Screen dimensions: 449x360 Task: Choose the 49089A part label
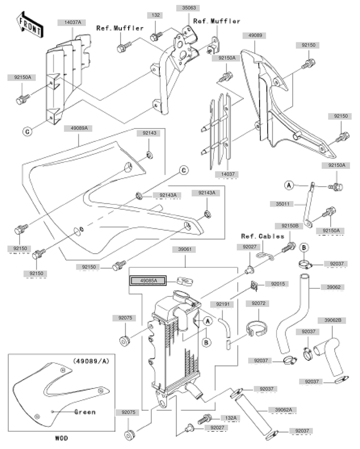(82, 128)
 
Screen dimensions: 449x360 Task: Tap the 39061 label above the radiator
(185, 249)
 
